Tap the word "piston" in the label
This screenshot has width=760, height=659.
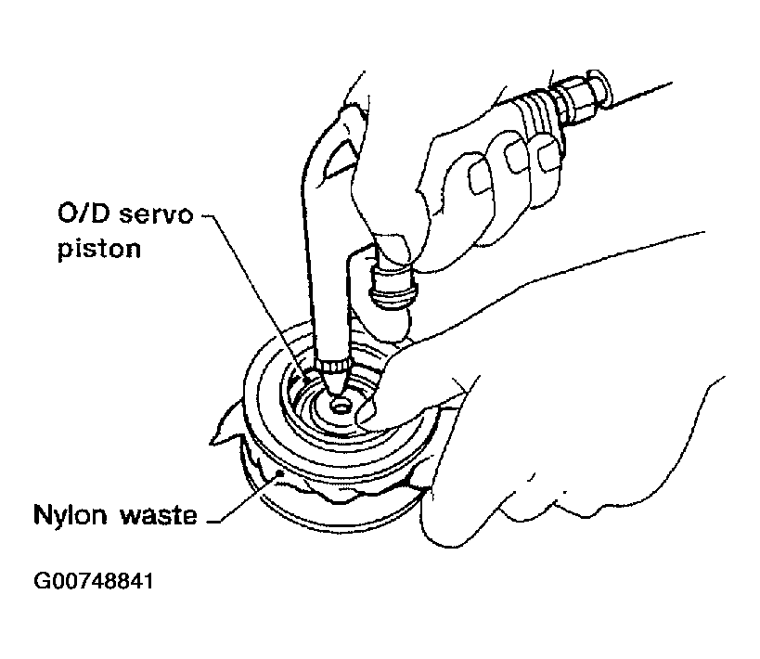tap(99, 250)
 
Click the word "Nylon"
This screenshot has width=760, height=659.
tap(71, 514)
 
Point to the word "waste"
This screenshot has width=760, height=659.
tap(159, 515)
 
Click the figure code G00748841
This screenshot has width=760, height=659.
tap(94, 581)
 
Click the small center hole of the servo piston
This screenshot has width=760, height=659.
tap(341, 407)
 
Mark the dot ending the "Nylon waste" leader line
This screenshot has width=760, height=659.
tap(279, 472)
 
